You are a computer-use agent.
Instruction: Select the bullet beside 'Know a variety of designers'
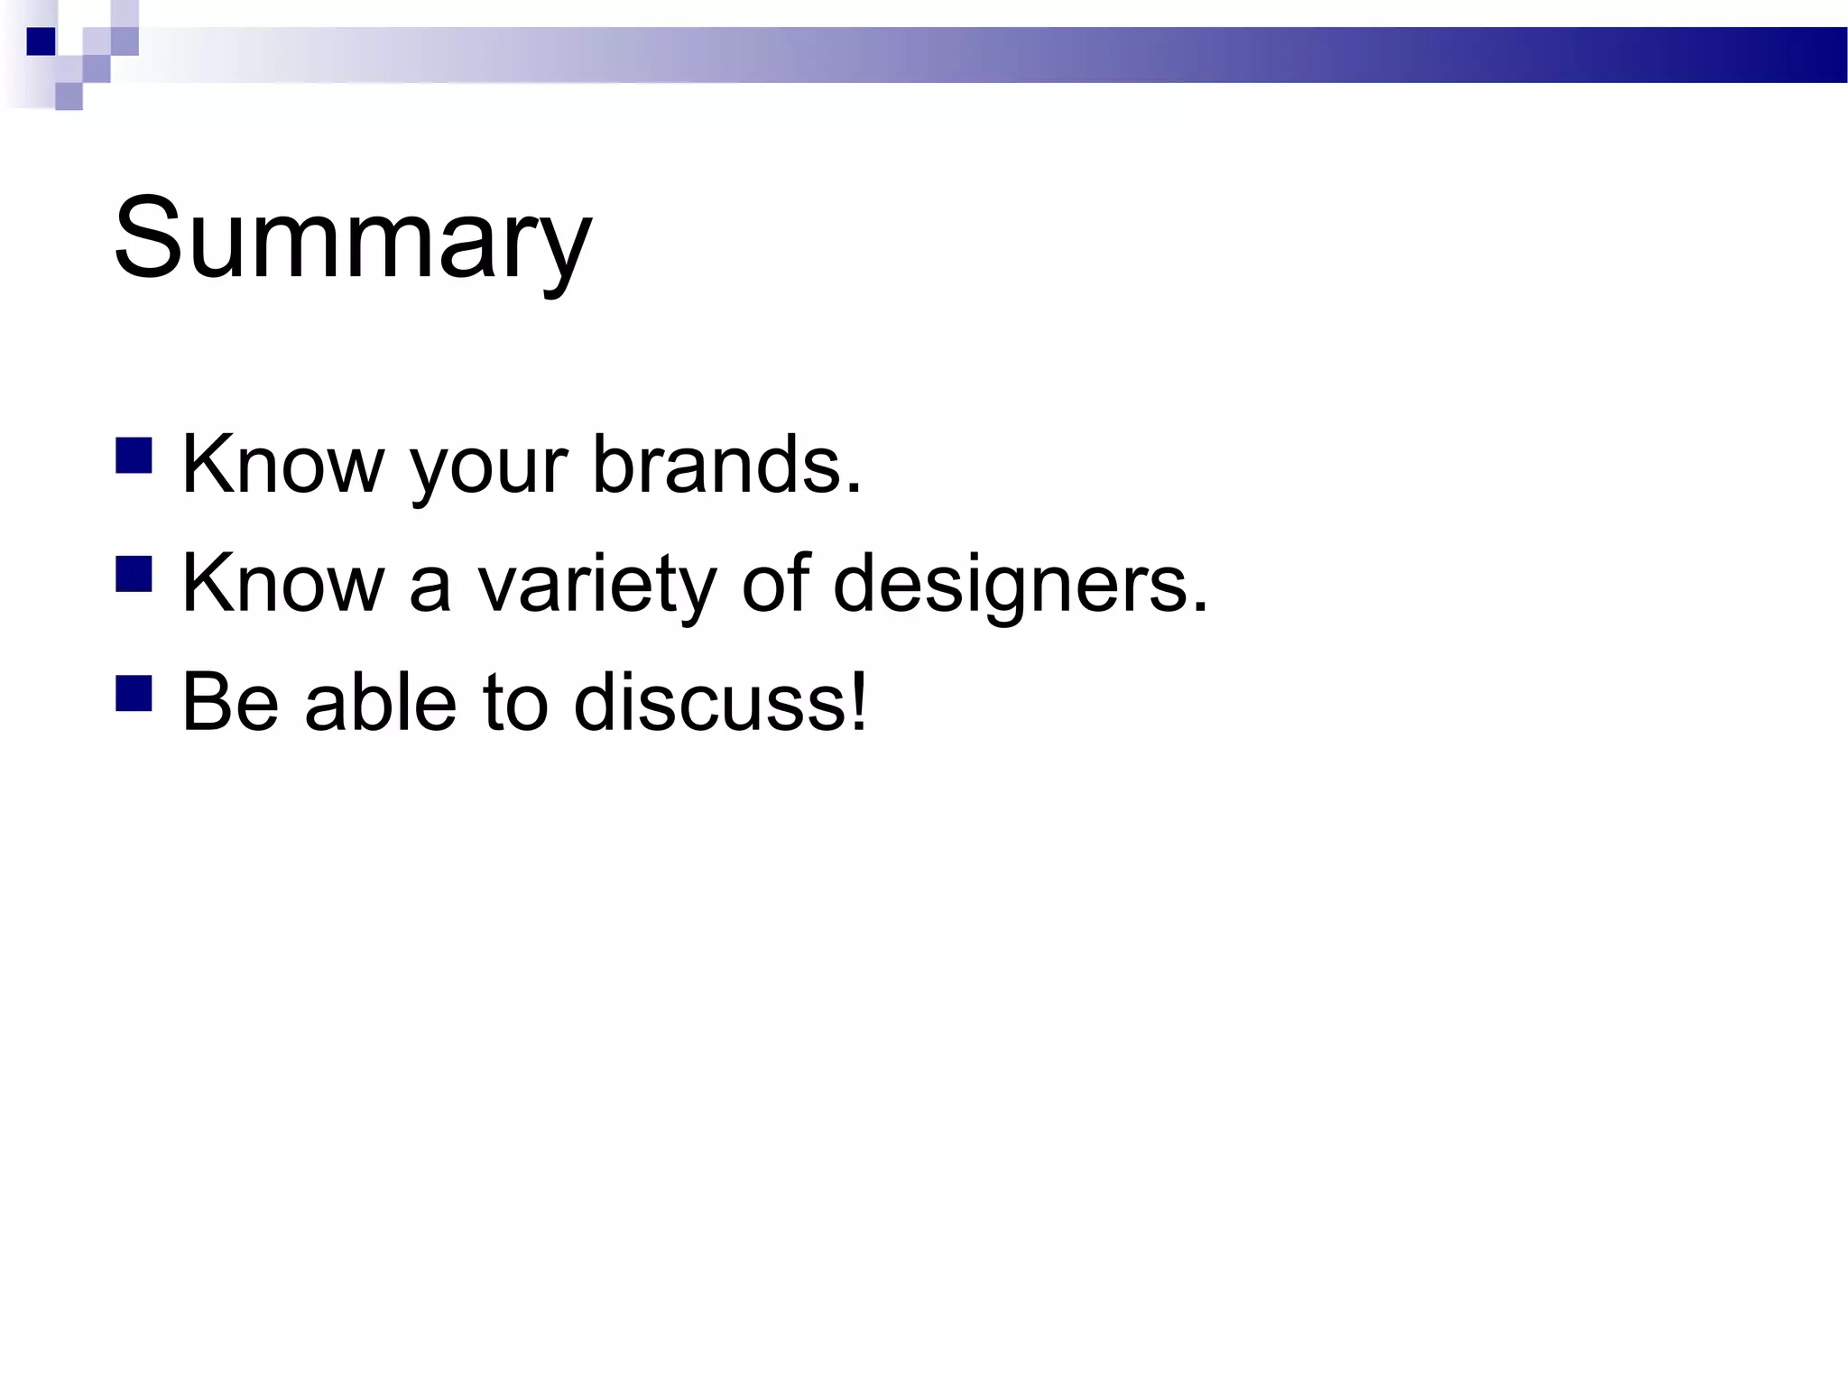tap(134, 574)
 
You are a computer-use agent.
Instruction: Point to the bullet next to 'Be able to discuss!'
tap(134, 693)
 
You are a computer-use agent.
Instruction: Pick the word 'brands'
tap(717, 465)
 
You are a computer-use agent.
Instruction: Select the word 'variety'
tap(596, 587)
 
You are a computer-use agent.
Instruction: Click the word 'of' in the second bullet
tap(775, 583)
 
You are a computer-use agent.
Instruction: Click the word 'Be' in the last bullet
tap(230, 702)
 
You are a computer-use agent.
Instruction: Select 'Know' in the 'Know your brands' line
tap(282, 465)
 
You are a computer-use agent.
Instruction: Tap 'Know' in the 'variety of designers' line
tap(282, 583)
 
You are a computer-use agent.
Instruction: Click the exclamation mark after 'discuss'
tap(858, 702)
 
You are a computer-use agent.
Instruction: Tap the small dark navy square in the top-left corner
tap(41, 42)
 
